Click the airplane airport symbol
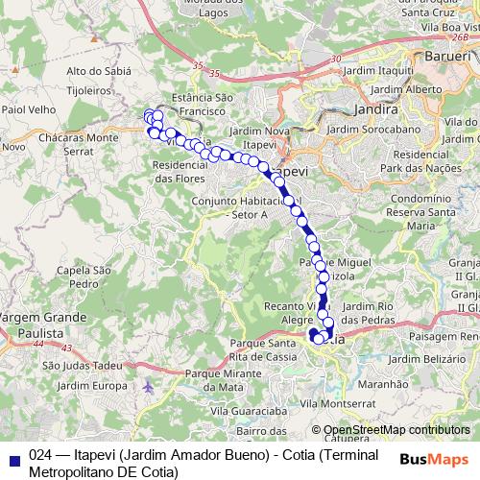coord(147,386)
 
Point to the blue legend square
coord(14,458)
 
